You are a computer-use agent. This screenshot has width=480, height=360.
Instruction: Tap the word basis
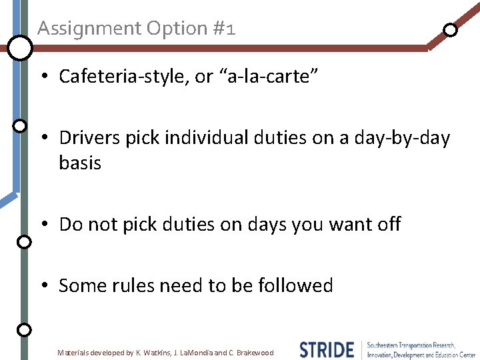[x=80, y=163]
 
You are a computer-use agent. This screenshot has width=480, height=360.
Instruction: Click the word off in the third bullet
[x=389, y=224]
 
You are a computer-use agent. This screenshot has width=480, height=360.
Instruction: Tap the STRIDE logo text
[x=326, y=349]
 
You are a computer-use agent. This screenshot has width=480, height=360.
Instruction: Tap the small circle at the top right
[x=451, y=29]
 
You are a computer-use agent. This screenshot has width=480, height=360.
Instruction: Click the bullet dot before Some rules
[x=43, y=286]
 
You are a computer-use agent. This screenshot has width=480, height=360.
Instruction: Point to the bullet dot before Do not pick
[x=43, y=225]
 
